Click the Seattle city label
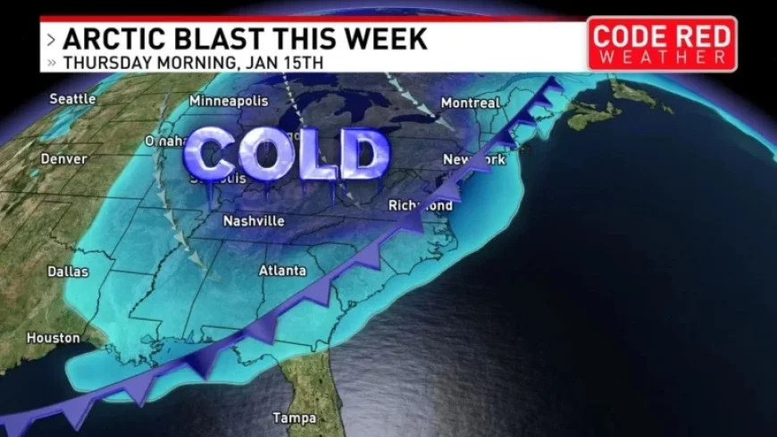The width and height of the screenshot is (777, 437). [72, 98]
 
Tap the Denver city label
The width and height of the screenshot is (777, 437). [63, 159]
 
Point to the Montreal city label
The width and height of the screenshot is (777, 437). [470, 103]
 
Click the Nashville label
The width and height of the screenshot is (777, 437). [254, 221]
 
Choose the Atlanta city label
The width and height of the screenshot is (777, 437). [282, 270]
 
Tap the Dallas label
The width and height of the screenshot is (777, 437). [70, 271]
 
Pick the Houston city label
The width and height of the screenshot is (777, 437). [54, 338]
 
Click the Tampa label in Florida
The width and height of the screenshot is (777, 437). [296, 417]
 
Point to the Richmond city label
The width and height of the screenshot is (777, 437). [420, 206]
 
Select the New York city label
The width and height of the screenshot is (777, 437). [474, 160]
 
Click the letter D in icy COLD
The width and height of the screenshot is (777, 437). [366, 154]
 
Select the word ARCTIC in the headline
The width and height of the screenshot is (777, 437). [109, 39]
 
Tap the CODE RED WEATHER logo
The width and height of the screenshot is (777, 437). [662, 43]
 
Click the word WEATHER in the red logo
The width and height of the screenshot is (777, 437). [662, 57]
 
